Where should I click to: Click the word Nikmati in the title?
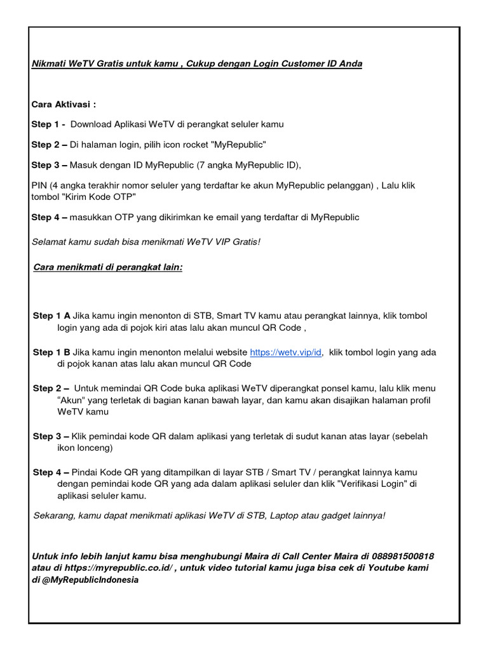tap(49, 64)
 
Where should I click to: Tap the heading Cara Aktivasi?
tap(63, 103)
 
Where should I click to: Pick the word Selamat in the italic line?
tap(48, 242)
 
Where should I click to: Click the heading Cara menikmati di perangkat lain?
tap(107, 267)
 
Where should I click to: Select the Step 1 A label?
tap(51, 315)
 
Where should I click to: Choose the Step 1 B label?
tap(51, 352)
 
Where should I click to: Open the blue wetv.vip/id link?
tap(286, 352)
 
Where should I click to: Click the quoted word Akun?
tap(71, 400)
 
